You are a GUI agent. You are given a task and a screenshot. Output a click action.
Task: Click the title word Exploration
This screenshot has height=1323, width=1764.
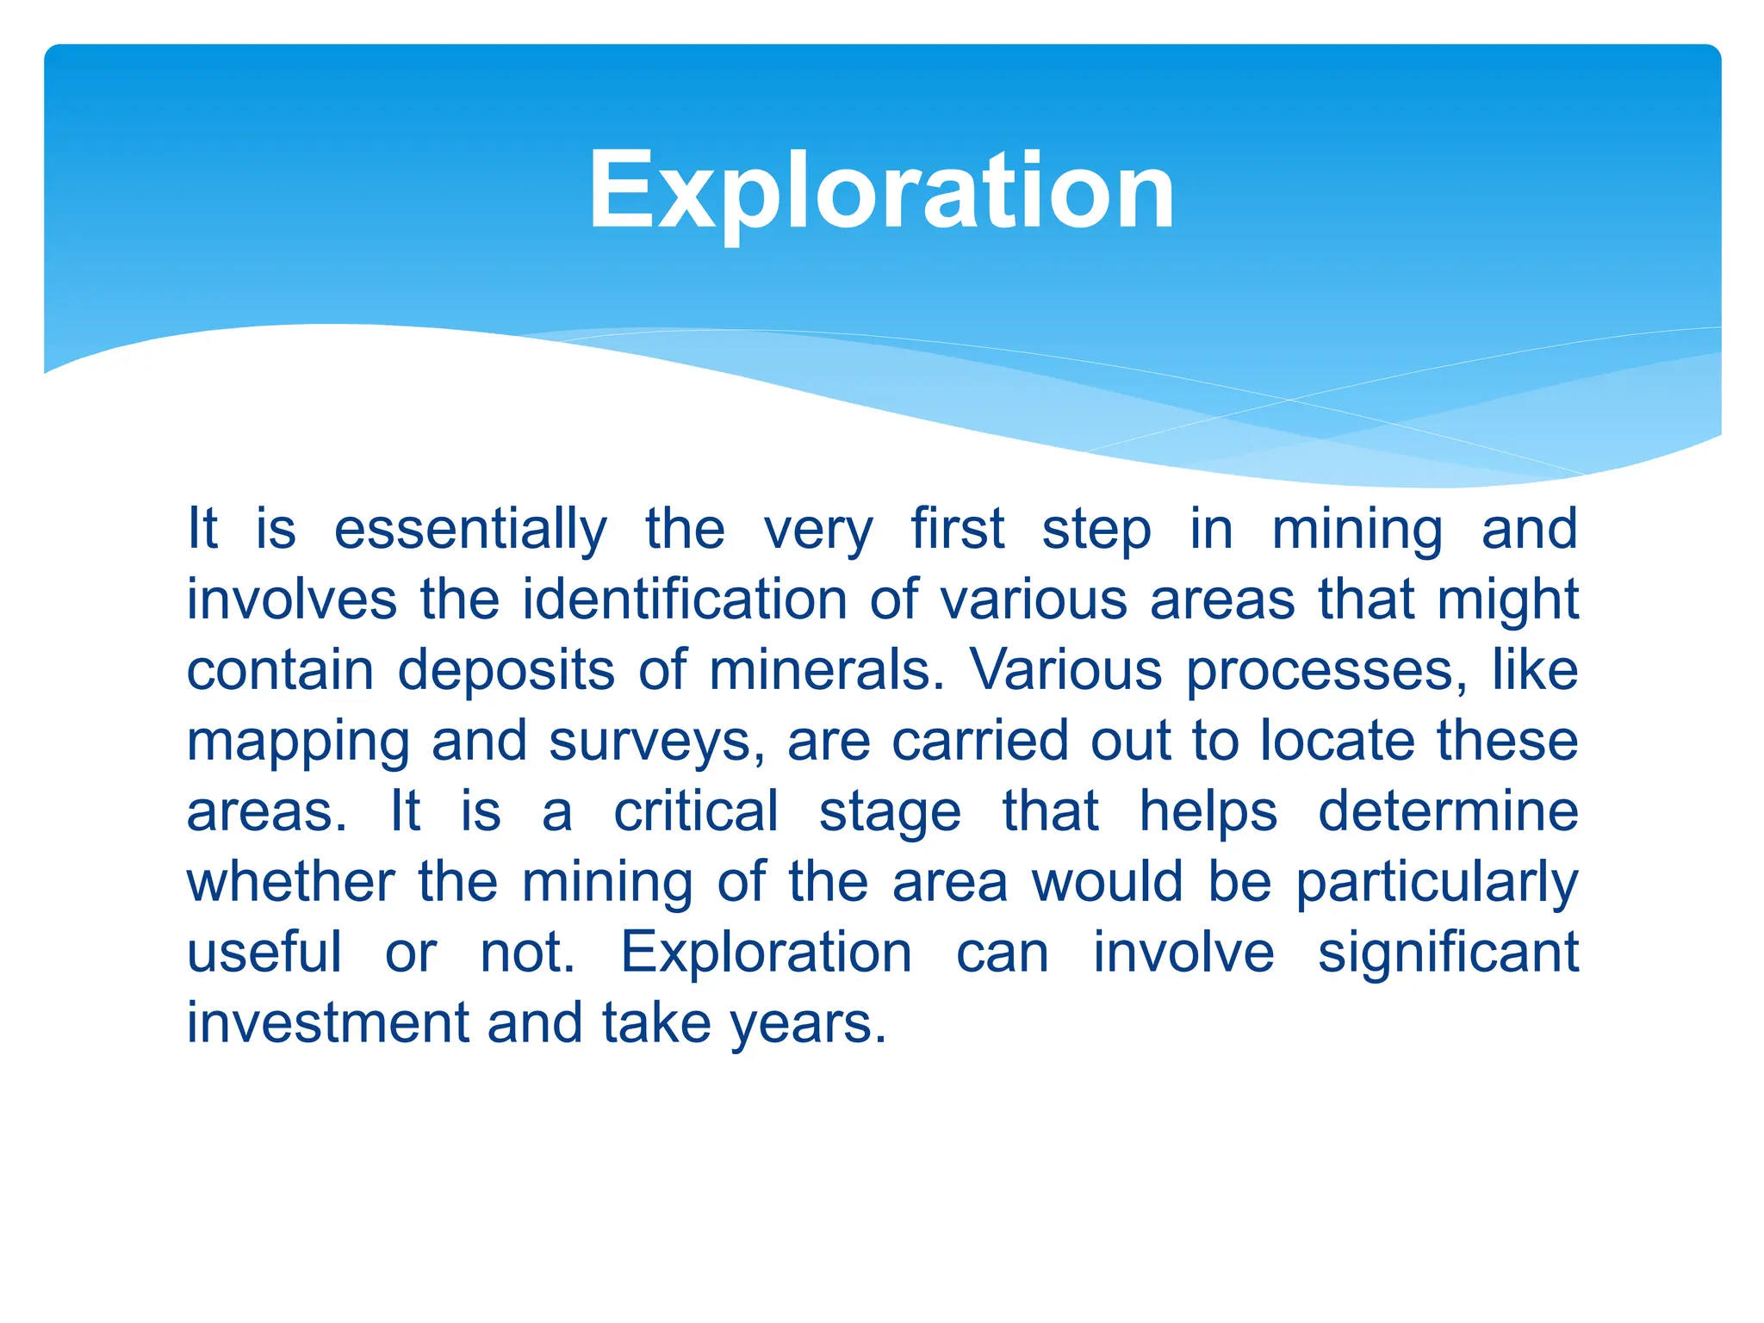click(x=881, y=191)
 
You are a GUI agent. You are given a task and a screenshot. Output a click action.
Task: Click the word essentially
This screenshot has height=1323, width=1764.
click(x=470, y=529)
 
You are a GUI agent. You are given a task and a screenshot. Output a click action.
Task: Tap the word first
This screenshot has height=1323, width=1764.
click(x=957, y=529)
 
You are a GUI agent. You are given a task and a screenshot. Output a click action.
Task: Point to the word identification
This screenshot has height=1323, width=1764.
click(x=685, y=599)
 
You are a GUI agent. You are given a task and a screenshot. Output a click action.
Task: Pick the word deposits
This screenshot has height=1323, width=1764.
click(x=506, y=671)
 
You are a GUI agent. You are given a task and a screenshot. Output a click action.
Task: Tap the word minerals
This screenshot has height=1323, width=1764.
click(x=826, y=670)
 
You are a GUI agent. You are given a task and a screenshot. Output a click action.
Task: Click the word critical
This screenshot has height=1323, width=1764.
click(x=695, y=811)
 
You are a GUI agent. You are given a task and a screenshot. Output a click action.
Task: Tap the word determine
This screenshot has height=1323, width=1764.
click(x=1448, y=811)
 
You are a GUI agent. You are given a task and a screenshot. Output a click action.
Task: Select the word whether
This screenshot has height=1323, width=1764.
click(x=291, y=882)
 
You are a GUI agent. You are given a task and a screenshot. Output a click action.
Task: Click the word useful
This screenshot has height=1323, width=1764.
click(x=264, y=953)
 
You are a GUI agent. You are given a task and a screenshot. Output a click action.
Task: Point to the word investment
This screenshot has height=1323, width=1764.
click(x=326, y=1023)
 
